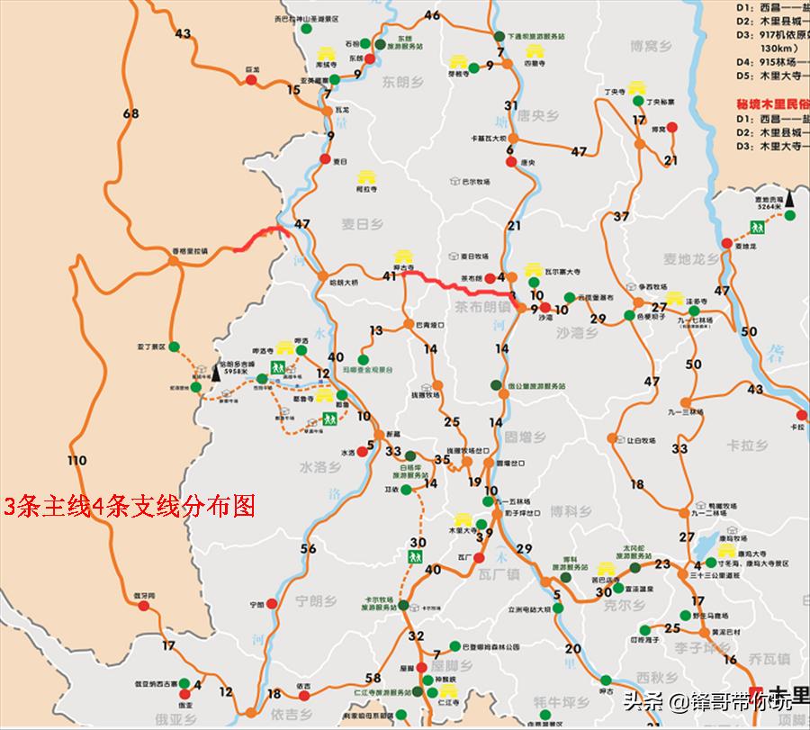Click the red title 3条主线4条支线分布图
tap(130, 505)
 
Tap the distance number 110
tap(77, 461)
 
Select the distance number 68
tap(132, 113)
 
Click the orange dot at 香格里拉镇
tap(173, 261)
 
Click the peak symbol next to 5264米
tap(789, 198)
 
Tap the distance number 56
tap(309, 549)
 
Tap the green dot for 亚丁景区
tap(175, 345)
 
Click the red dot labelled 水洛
tap(361, 452)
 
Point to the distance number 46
tap(432, 15)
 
